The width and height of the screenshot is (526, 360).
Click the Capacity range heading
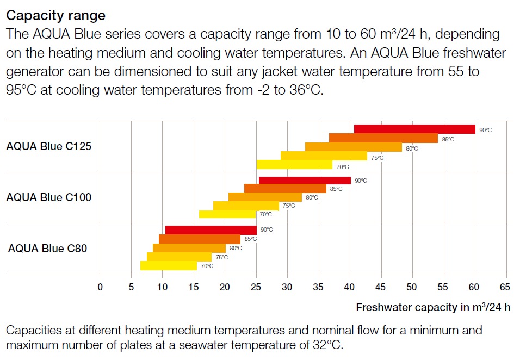coord(55,15)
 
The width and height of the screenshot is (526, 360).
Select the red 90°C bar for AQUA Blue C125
coord(414,129)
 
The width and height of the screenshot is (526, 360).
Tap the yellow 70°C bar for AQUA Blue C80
coord(168,266)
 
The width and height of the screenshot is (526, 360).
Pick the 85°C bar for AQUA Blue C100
coord(285,188)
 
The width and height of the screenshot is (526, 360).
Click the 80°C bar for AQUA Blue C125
coord(353,147)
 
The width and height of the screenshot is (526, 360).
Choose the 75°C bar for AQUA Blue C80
coord(179,257)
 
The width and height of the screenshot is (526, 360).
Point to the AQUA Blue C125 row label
coord(49,146)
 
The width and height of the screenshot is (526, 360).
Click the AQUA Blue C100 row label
coord(49,197)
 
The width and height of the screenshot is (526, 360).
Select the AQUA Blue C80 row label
coord(48,249)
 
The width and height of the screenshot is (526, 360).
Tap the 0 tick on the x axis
coord(100,287)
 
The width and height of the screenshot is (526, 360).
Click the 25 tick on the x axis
coord(256,287)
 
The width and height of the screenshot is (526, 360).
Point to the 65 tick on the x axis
coord(506,287)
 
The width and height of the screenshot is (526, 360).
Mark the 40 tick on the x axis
coord(350,287)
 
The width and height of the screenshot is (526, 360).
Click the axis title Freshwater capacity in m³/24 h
coord(433,307)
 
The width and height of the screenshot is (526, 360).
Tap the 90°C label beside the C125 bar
coord(485,131)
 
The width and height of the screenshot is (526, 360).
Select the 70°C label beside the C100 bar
coord(265,215)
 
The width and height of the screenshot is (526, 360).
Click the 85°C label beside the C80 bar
coord(250,239)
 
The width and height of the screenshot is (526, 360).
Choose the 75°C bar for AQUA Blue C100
coord(245,206)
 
